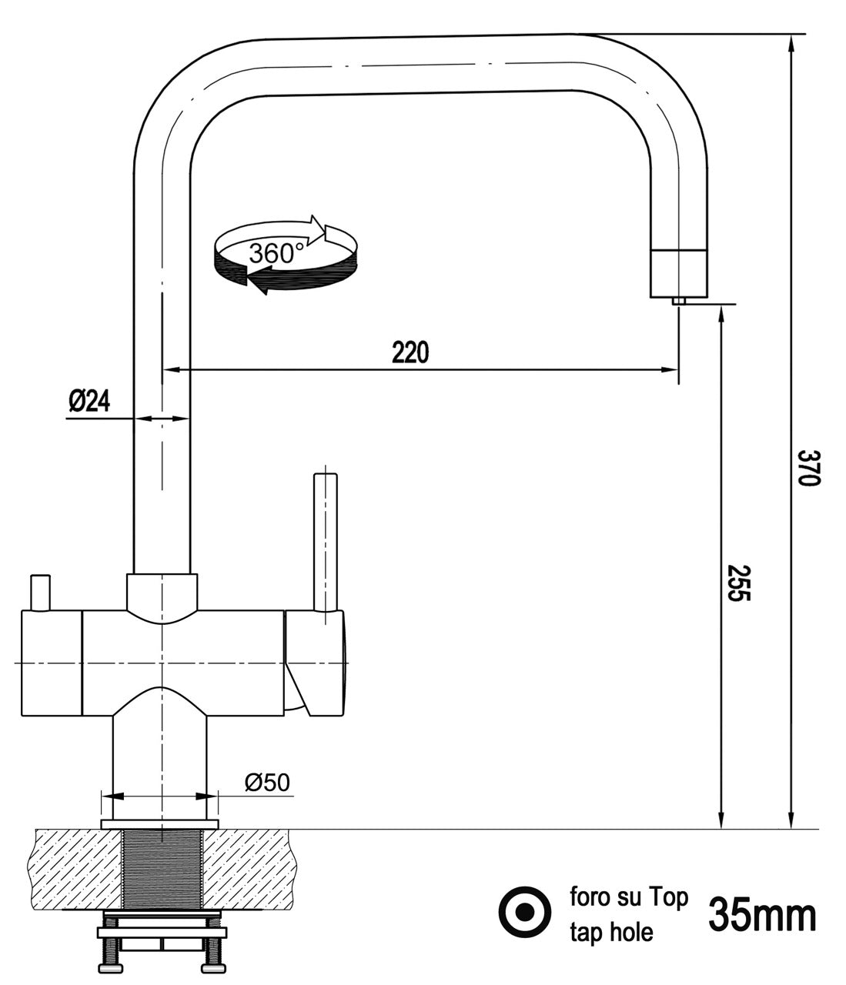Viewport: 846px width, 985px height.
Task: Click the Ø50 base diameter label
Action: [x=267, y=783]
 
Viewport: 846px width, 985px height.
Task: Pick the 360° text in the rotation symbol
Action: [x=276, y=253]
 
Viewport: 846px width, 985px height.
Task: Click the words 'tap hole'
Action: [x=611, y=933]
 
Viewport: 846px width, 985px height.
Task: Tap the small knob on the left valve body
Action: [x=39, y=593]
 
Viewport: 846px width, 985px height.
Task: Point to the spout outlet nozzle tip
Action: [x=679, y=301]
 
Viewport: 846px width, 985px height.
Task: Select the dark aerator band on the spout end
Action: [x=678, y=273]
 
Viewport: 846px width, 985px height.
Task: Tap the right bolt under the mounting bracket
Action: [x=210, y=957]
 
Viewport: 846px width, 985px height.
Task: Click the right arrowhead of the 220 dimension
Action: [x=669, y=370]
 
